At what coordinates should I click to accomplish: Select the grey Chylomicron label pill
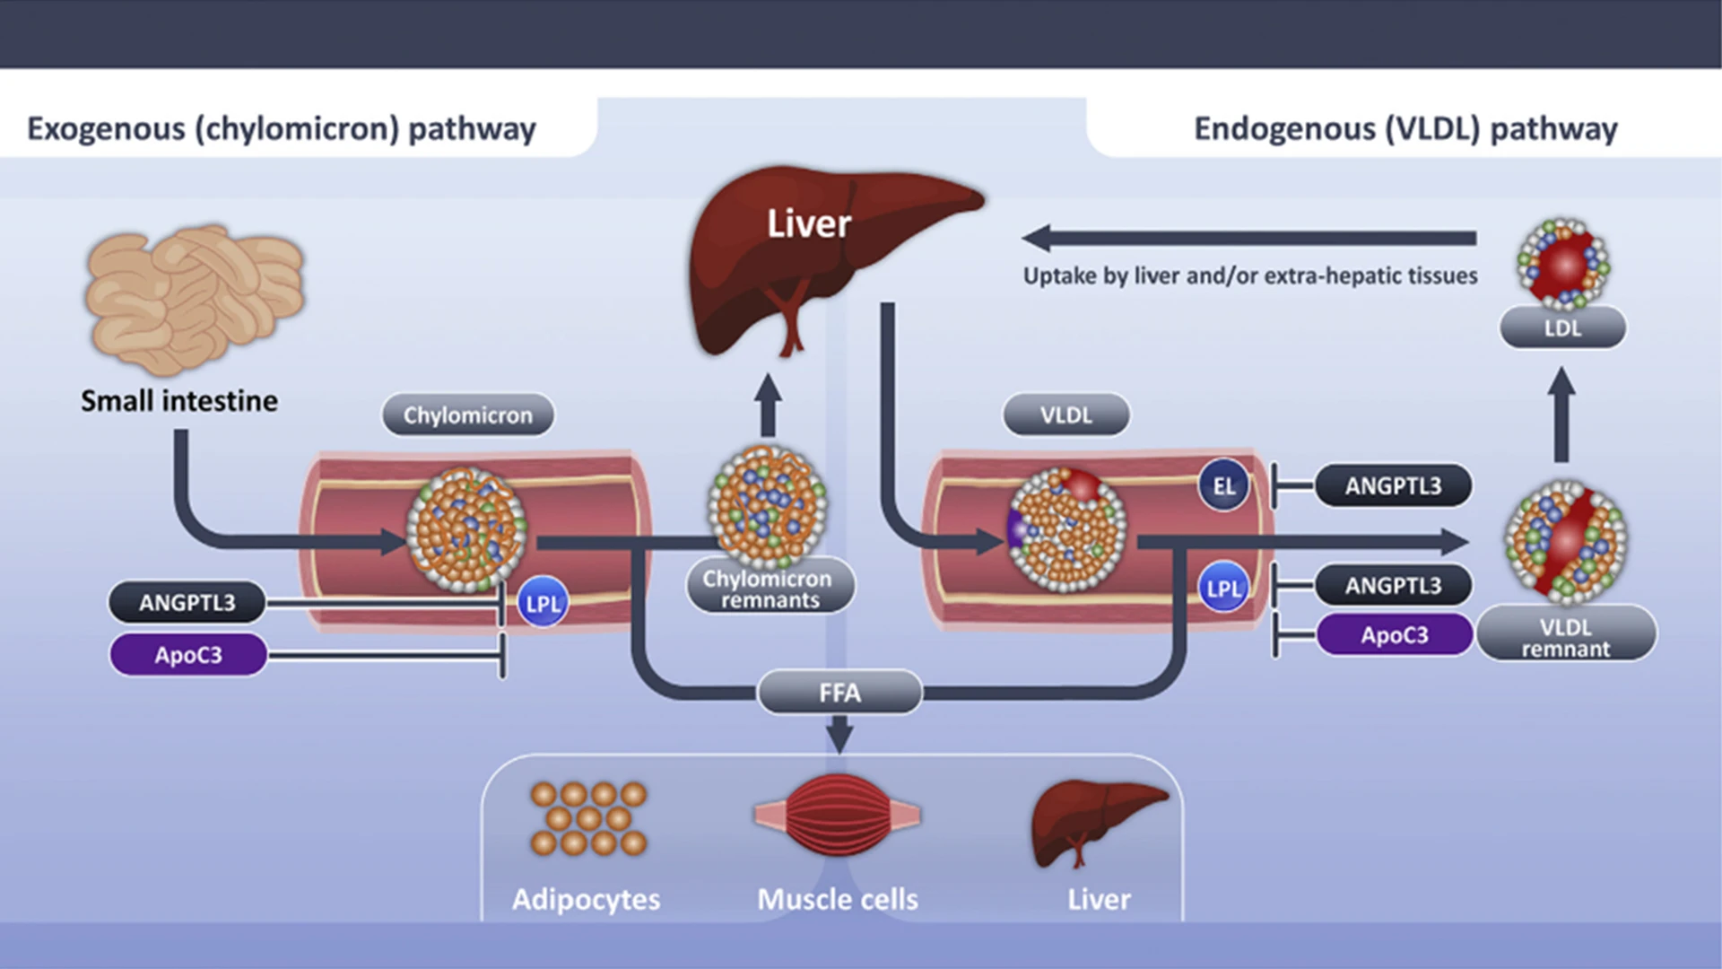(467, 415)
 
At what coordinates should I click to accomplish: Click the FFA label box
(839, 693)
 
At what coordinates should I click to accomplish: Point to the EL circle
(1223, 485)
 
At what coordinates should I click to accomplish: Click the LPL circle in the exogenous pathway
(543, 603)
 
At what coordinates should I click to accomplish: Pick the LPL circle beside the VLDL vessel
(1223, 588)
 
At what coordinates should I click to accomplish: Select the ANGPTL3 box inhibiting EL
(1392, 485)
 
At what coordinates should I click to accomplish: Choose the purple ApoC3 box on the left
(188, 654)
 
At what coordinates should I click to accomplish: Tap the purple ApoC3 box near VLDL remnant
(1394, 634)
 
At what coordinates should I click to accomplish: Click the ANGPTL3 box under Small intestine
(187, 602)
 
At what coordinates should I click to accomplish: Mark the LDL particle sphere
(1563, 264)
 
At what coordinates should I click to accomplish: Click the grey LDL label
(1562, 327)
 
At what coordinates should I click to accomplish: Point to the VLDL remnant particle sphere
(1565, 541)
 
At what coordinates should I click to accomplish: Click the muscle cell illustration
(838, 815)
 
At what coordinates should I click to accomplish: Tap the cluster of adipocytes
(588, 817)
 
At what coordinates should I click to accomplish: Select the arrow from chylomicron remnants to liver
(768, 406)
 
